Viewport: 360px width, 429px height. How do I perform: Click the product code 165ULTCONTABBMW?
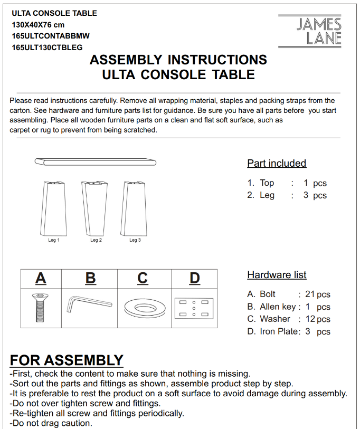(x=51, y=36)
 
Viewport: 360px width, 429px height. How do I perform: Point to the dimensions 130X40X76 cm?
(x=38, y=25)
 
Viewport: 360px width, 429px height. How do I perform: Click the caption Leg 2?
(x=96, y=240)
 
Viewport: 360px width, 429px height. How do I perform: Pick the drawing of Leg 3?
(x=134, y=208)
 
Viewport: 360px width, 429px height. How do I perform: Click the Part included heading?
(x=277, y=163)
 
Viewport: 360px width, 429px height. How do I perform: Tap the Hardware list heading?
(x=277, y=275)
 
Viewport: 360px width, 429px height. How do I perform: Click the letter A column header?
(x=41, y=278)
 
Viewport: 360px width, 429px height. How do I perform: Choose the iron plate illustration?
(x=194, y=308)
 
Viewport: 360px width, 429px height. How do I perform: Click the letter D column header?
(x=195, y=278)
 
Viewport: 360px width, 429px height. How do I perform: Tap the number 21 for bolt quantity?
(x=310, y=294)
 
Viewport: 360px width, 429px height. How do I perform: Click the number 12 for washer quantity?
(x=310, y=319)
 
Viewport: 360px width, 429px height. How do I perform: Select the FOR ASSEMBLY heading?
(x=67, y=360)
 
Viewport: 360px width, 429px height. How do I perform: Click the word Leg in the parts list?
(x=267, y=195)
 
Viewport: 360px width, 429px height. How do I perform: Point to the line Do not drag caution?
(x=51, y=423)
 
